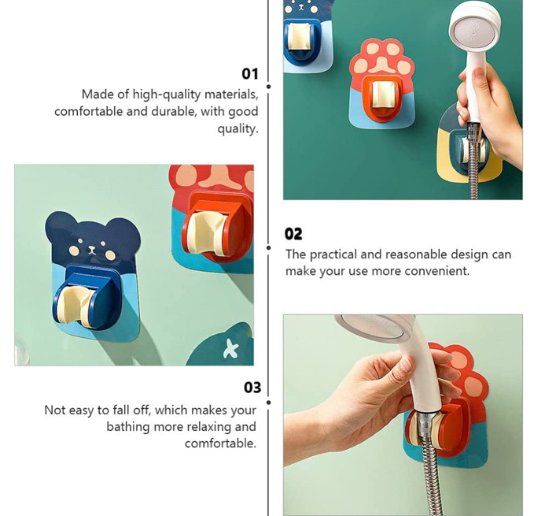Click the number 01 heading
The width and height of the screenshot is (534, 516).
(250, 74)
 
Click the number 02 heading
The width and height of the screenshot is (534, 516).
(293, 234)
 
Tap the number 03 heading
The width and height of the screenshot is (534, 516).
(252, 388)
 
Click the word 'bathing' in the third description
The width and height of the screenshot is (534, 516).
(128, 427)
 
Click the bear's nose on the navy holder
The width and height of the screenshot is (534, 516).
(91, 250)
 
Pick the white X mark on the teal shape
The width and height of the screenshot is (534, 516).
(230, 349)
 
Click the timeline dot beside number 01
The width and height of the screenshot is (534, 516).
(268, 87)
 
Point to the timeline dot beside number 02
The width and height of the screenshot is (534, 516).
(268, 247)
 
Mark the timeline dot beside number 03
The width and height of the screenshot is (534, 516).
(268, 403)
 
